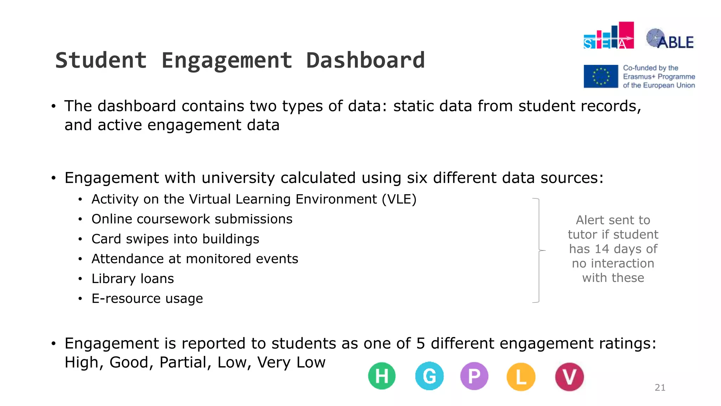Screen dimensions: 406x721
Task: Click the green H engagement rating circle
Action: pyautogui.click(x=382, y=376)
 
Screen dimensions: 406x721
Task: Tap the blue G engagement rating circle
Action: pyautogui.click(x=429, y=376)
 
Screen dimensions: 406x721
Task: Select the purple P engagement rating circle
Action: pyautogui.click(x=474, y=376)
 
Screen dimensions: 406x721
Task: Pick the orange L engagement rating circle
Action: pyautogui.click(x=521, y=377)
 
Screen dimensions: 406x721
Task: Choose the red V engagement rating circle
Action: pyautogui.click(x=569, y=377)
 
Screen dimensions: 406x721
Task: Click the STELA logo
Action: pyautogui.click(x=609, y=36)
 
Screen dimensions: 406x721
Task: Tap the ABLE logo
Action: pyautogui.click(x=670, y=39)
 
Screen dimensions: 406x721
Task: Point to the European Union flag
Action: pyautogui.click(x=601, y=76)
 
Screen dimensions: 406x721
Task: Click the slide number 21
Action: pyautogui.click(x=660, y=388)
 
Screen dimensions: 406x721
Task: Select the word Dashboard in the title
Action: pyautogui.click(x=365, y=60)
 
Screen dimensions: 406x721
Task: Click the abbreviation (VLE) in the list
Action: pyautogui.click(x=399, y=199)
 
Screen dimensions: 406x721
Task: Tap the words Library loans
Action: pyautogui.click(x=133, y=279)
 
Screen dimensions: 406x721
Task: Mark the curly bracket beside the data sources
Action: pyautogui.click(x=538, y=250)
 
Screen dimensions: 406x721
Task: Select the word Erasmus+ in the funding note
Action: pyautogui.click(x=639, y=76)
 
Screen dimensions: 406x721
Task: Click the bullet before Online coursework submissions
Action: pyautogui.click(x=81, y=220)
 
